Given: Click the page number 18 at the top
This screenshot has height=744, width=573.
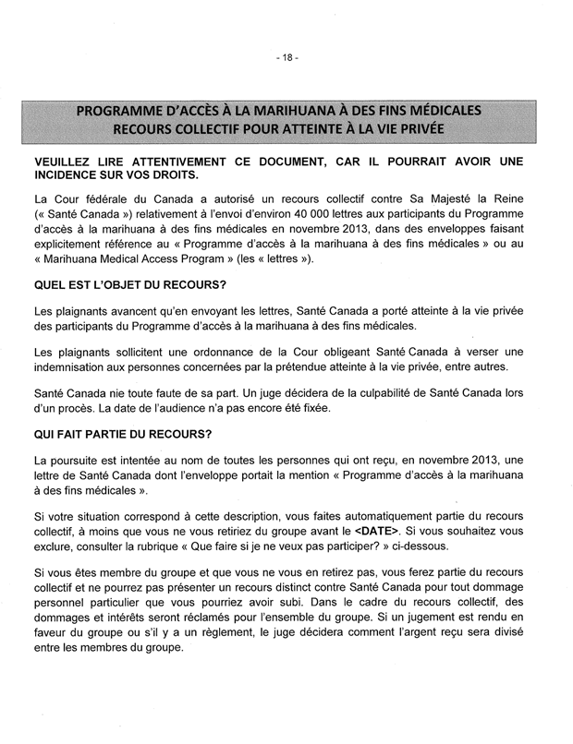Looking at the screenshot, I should point(286,57).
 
